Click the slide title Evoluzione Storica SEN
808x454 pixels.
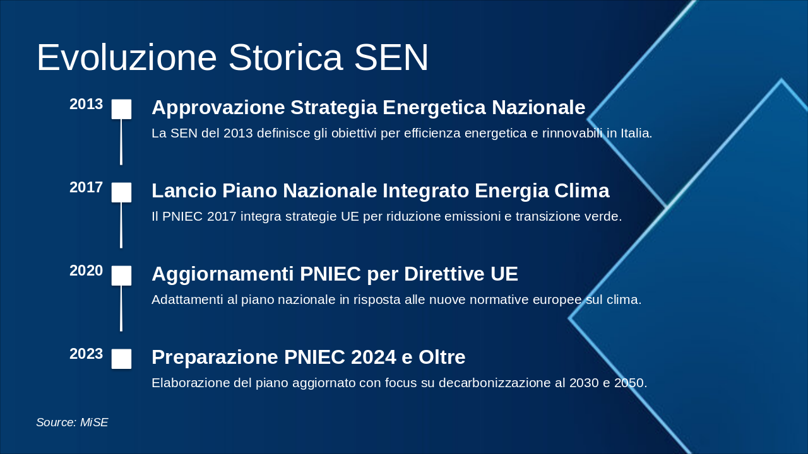click(x=232, y=58)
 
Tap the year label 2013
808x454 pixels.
click(x=86, y=105)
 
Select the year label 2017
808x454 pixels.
click(x=86, y=188)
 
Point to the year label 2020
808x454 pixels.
click(x=86, y=271)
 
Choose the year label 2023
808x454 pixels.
click(x=86, y=354)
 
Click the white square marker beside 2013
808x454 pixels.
click(x=121, y=109)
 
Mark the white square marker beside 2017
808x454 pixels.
click(x=121, y=192)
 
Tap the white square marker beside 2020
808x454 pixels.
click(x=121, y=276)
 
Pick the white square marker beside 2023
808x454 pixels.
click(x=121, y=359)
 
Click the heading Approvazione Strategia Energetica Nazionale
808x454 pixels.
click(x=368, y=108)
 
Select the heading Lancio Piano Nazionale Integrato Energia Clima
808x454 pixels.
click(x=380, y=191)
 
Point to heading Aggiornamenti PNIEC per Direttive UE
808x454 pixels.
click(x=335, y=274)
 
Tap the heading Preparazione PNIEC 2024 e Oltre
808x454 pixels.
click(x=308, y=358)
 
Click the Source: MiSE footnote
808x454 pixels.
click(x=72, y=422)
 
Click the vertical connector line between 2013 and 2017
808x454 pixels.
click(x=121, y=142)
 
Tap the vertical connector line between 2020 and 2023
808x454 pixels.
click(x=121, y=308)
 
